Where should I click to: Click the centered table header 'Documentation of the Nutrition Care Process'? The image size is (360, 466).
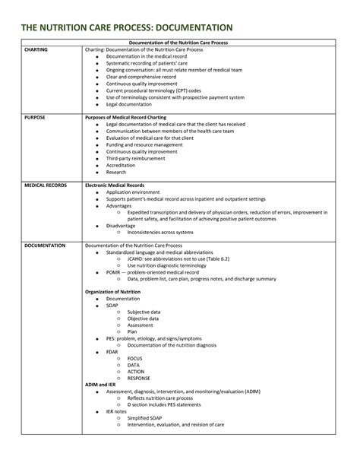(x=178, y=43)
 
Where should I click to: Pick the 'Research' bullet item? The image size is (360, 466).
(x=117, y=172)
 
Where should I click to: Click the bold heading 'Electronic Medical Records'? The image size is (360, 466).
(x=116, y=185)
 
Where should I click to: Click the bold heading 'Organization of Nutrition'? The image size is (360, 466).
(x=116, y=292)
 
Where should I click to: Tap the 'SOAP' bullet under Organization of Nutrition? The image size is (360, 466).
(x=112, y=305)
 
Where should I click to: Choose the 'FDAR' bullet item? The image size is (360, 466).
(x=113, y=351)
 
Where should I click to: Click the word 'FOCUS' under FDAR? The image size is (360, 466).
(x=135, y=358)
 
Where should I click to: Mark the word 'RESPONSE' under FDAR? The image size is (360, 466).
(x=139, y=378)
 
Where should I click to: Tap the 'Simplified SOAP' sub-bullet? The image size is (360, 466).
(x=149, y=417)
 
